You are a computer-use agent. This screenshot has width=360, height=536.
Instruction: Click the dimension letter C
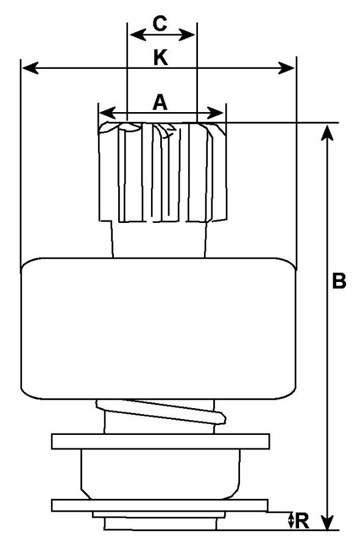pos(160,24)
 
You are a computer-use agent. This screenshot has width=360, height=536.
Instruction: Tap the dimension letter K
pos(161,57)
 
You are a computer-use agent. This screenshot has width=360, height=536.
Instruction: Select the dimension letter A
pos(160,102)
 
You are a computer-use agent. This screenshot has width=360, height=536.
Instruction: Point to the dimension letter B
pos(339,281)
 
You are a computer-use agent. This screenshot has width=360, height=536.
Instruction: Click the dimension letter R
pos(302,521)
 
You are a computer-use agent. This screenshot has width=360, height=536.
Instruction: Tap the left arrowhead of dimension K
pos(30,68)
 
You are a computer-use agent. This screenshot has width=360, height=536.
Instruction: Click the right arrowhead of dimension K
pos(286,68)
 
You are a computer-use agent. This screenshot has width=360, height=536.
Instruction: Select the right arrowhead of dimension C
pos(187,35)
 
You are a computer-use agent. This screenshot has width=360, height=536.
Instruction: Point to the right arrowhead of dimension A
pos(216,113)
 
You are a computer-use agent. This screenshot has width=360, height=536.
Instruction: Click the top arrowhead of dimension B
pos(328,133)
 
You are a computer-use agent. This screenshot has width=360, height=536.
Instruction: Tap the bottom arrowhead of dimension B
pos(328,523)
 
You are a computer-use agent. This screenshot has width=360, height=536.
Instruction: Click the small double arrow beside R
pos(291,520)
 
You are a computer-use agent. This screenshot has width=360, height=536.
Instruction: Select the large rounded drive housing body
pos(158,328)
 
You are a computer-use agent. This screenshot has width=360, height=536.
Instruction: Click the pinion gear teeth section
pos(163,172)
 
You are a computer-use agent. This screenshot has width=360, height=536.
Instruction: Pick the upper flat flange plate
pos(160,442)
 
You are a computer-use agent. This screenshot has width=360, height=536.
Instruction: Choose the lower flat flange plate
pos(160,505)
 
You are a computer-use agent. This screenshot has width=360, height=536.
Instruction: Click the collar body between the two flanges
pos(160,474)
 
